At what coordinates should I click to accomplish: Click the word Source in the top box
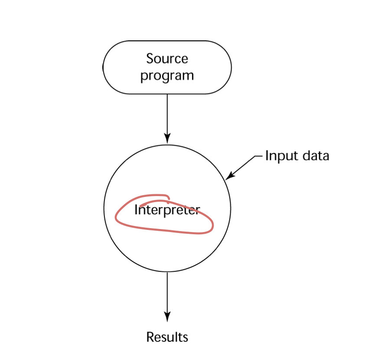(x=167, y=58)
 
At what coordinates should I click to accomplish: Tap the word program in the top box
(x=167, y=76)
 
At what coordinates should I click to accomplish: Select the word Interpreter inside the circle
(x=167, y=210)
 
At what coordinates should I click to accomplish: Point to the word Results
(x=167, y=337)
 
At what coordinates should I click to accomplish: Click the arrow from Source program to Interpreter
(x=167, y=117)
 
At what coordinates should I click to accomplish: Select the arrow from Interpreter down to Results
(x=167, y=295)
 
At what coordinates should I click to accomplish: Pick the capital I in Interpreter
(x=136, y=210)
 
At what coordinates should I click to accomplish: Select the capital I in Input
(x=267, y=156)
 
